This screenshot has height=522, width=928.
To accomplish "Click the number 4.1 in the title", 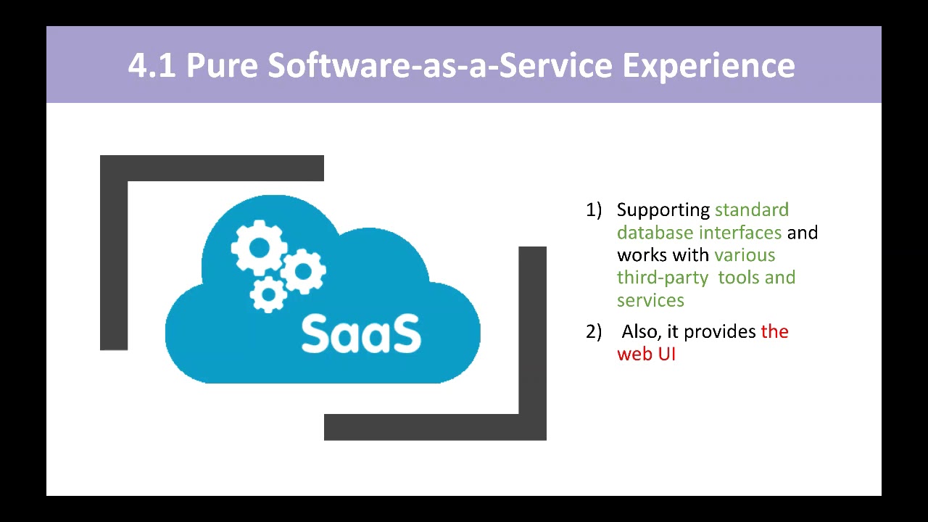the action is (x=152, y=65).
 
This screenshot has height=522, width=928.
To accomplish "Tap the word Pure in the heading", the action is (x=222, y=65).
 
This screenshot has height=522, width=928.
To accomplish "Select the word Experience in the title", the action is (x=709, y=65).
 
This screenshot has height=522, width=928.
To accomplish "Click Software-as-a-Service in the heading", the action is (x=440, y=65).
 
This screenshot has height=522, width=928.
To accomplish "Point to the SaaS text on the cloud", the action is (x=361, y=333).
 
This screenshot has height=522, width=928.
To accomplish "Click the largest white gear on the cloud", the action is (x=259, y=248).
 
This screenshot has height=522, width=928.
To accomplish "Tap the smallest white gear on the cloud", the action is (x=268, y=294).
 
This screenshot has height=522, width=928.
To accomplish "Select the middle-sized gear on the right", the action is (x=304, y=271).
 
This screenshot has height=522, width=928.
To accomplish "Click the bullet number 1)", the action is (x=594, y=210).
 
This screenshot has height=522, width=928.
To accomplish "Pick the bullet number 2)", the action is (x=594, y=332).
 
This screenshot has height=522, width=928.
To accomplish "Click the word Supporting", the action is (x=663, y=211).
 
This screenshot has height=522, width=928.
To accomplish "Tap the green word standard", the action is (x=752, y=210).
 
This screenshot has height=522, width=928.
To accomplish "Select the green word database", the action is (x=655, y=233).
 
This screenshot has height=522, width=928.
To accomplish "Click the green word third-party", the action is (x=663, y=278).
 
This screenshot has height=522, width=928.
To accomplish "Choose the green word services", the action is (x=650, y=300).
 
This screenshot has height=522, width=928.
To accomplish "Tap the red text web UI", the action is (x=646, y=355).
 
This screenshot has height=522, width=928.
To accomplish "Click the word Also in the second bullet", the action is (x=642, y=332).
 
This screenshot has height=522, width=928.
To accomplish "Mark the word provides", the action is (x=720, y=332).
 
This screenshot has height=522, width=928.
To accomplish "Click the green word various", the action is (x=745, y=255).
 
